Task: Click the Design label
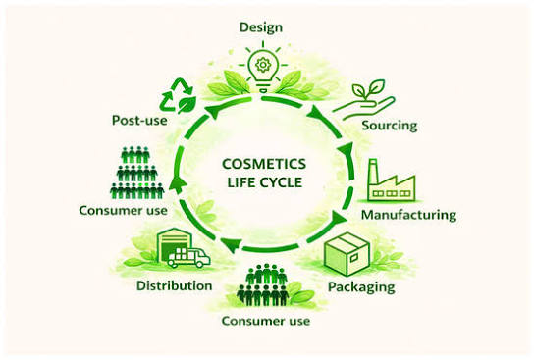tap(261, 27)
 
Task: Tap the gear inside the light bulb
tap(262, 65)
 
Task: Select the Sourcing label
tap(390, 126)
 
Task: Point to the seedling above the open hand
tap(368, 89)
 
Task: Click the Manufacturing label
tap(408, 215)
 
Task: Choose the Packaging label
tap(361, 286)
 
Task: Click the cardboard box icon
tap(347, 254)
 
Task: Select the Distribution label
tap(175, 285)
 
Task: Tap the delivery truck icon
tap(189, 257)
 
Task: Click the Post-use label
tap(139, 121)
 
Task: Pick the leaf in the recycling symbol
tap(187, 104)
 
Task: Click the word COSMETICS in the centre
tap(264, 164)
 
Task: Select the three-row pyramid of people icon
tap(137, 173)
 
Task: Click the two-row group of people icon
tap(263, 284)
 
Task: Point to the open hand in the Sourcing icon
tap(364, 108)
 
